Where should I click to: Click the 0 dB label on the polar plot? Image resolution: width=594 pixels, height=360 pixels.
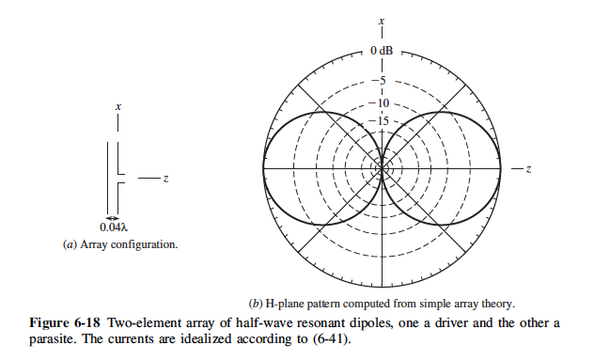[382, 50]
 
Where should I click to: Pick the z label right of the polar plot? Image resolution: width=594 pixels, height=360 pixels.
[530, 168]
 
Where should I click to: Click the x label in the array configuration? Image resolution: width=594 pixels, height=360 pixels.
[117, 108]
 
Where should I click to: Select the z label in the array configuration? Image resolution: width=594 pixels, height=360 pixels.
[164, 179]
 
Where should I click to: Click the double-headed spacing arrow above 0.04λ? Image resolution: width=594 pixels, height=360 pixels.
[114, 218]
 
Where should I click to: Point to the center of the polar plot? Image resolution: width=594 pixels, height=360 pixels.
[382, 168]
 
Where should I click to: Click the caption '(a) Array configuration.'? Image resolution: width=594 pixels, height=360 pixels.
[119, 243]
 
